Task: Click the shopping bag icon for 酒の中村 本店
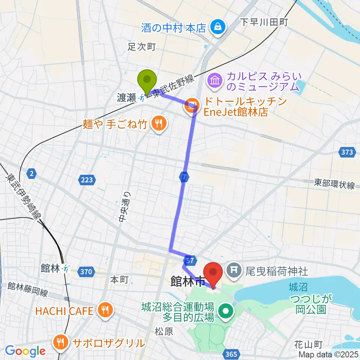tap(217, 27)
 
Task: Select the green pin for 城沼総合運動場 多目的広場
tap(226, 311)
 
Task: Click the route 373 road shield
tap(347, 152)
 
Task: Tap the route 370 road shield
tap(86, 272)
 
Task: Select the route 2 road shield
tap(32, 173)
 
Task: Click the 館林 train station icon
tap(66, 268)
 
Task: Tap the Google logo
tap(25, 351)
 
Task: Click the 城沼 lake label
tap(298, 288)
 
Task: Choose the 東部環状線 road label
tap(334, 185)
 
